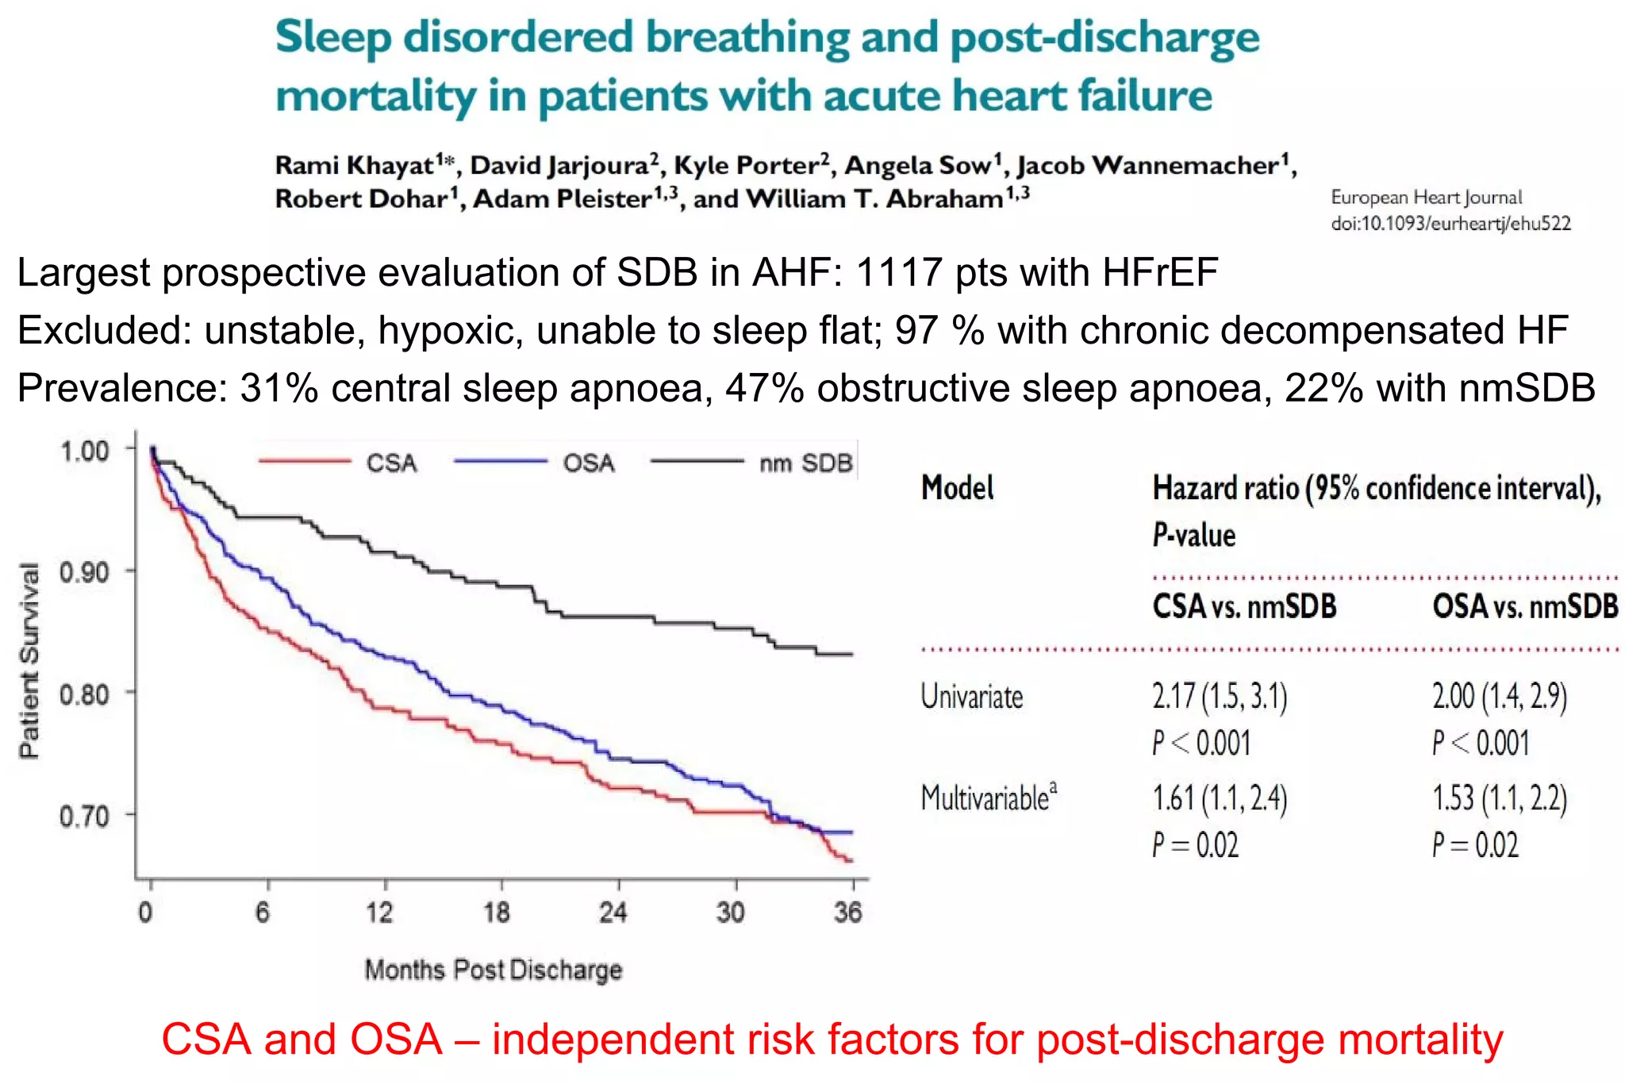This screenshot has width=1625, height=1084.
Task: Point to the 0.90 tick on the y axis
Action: pyautogui.click(x=84, y=572)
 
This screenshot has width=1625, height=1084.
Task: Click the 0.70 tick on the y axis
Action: pyautogui.click(x=84, y=816)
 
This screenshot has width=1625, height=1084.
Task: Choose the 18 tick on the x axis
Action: pyautogui.click(x=497, y=913)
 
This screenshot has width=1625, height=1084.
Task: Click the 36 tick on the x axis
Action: pyautogui.click(x=847, y=913)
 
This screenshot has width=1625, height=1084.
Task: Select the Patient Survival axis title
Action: pyautogui.click(x=29, y=661)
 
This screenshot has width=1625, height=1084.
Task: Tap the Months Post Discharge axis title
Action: pyautogui.click(x=493, y=970)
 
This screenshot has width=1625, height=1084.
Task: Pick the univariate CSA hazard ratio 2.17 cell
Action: pyautogui.click(x=1219, y=697)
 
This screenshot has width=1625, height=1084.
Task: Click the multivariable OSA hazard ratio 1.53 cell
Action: pyautogui.click(x=1499, y=798)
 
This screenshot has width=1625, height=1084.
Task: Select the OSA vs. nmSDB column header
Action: pyautogui.click(x=1524, y=607)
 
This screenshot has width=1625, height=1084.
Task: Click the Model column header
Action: pyautogui.click(x=957, y=488)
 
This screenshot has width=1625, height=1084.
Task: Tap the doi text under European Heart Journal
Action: pyautogui.click(x=1450, y=224)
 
